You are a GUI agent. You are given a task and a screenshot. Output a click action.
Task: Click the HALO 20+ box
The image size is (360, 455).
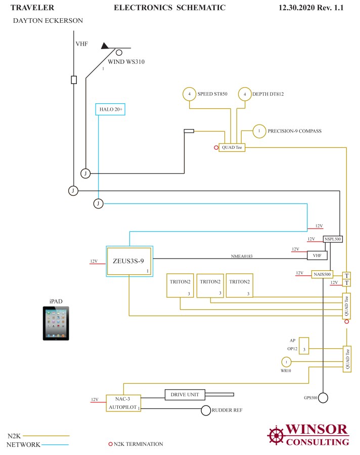tap(110, 109)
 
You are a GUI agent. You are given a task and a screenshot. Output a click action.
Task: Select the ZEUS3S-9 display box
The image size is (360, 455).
tap(129, 261)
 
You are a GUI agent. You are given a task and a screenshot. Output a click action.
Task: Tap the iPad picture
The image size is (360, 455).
tap(56, 323)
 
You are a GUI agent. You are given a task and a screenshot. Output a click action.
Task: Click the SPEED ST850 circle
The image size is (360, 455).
tap(189, 94)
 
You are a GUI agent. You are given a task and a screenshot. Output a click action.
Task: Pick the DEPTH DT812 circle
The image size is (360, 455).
tap(244, 94)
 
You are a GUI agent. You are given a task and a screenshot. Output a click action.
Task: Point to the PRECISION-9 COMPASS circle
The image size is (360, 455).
tap(259, 131)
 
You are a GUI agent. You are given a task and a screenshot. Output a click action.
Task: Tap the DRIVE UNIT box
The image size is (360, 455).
tap(185, 395)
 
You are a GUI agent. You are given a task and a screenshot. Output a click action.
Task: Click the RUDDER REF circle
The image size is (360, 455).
tap(206, 410)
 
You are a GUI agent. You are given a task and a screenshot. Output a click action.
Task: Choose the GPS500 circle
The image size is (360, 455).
tap(323, 397)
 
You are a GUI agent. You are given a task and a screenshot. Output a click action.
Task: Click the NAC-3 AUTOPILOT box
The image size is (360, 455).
tap(123, 403)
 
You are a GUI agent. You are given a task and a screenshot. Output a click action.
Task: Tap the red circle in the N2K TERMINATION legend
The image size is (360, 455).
tap(110, 444)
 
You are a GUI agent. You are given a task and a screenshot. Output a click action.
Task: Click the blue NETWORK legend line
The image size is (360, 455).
tap(55, 445)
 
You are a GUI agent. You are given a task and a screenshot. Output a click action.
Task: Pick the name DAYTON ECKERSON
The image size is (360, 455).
tap(48, 21)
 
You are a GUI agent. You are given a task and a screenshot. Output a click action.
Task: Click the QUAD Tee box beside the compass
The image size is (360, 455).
tap(232, 148)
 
